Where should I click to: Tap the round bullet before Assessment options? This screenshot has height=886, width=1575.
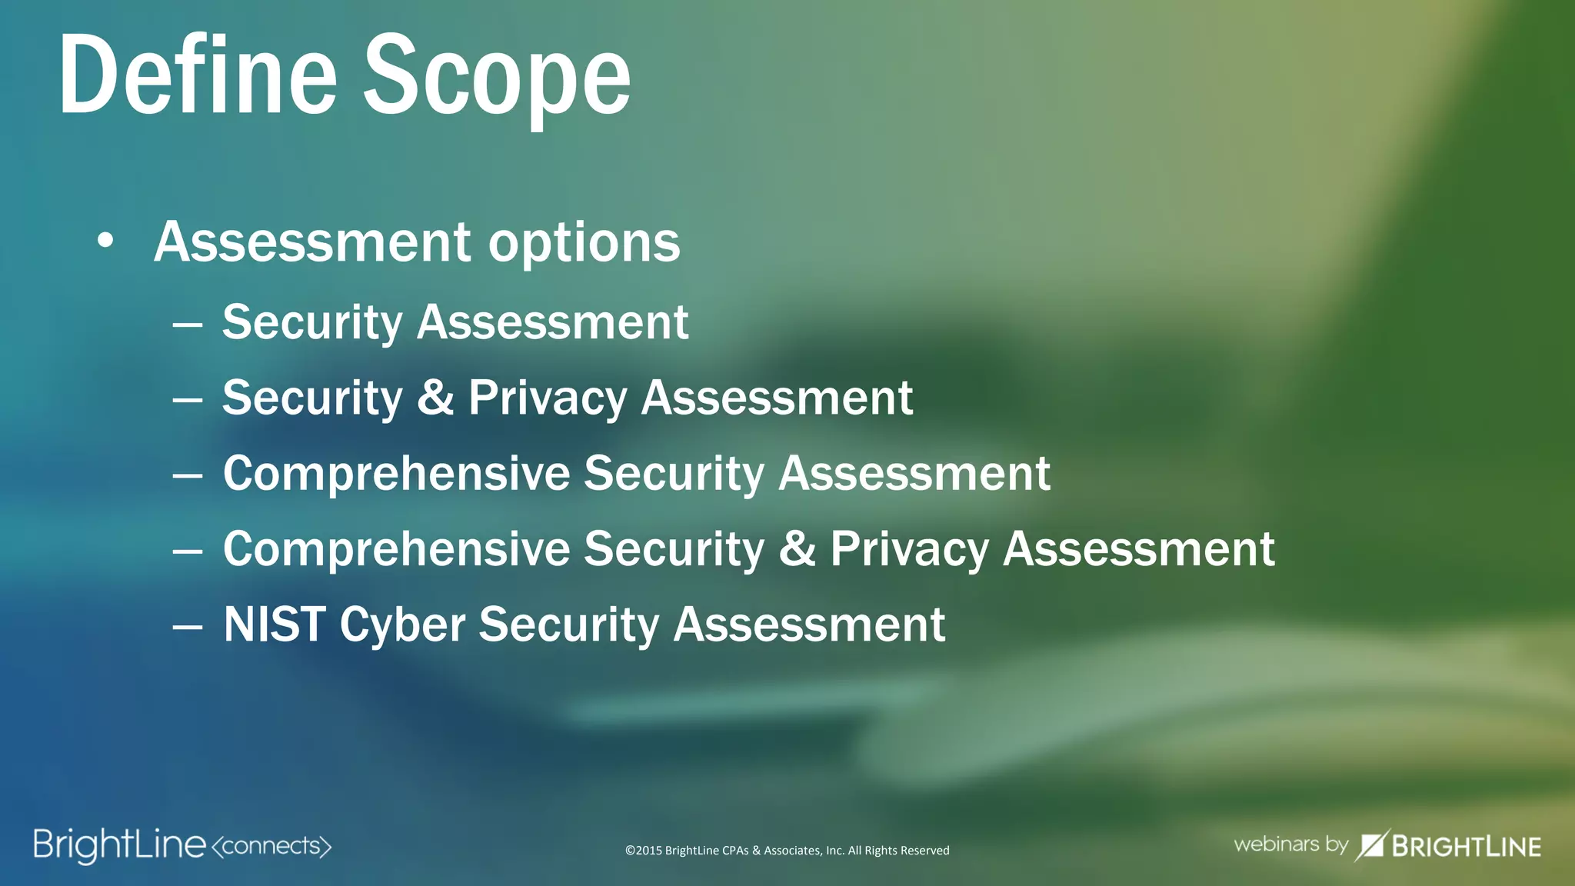coord(105,241)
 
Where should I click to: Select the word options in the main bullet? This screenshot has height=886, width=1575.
coord(584,243)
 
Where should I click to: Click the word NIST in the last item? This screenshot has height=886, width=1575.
coord(275,624)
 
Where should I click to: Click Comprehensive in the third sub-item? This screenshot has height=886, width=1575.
coord(396,473)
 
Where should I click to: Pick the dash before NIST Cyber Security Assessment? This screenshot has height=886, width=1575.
coord(188,627)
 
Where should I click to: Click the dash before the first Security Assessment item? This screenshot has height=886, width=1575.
coord(188,325)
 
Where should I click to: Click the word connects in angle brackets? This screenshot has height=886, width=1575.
coord(271,846)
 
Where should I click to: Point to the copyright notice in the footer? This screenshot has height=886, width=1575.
coord(787,851)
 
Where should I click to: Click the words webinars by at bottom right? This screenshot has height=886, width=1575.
coord(1290,844)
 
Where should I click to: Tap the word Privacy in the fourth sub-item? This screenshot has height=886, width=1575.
coord(910,550)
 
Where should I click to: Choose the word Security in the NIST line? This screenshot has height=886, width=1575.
coord(569,624)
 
